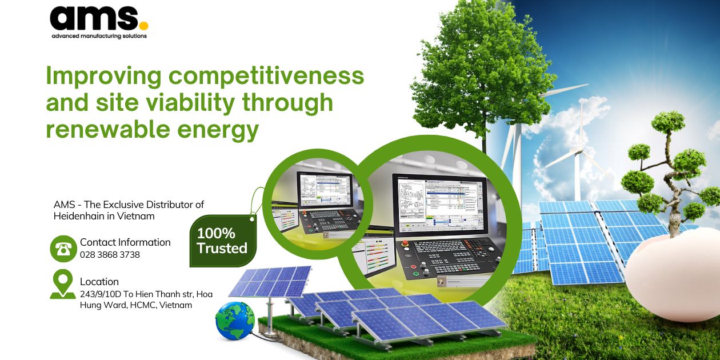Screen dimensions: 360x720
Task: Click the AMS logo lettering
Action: click(x=94, y=18)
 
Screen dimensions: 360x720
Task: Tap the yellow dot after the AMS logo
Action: click(x=143, y=26)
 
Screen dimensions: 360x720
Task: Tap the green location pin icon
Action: click(x=62, y=283)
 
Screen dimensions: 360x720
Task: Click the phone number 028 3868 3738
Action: click(x=110, y=255)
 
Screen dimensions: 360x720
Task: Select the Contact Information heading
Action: click(x=125, y=242)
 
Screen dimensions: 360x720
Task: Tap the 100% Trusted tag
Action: click(x=222, y=241)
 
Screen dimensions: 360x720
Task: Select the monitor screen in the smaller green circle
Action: click(x=323, y=192)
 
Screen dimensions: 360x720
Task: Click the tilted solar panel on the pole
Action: click(x=270, y=282)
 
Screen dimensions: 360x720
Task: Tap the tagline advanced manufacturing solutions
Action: click(x=99, y=36)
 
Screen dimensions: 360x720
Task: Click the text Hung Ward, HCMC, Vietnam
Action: click(x=136, y=305)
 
